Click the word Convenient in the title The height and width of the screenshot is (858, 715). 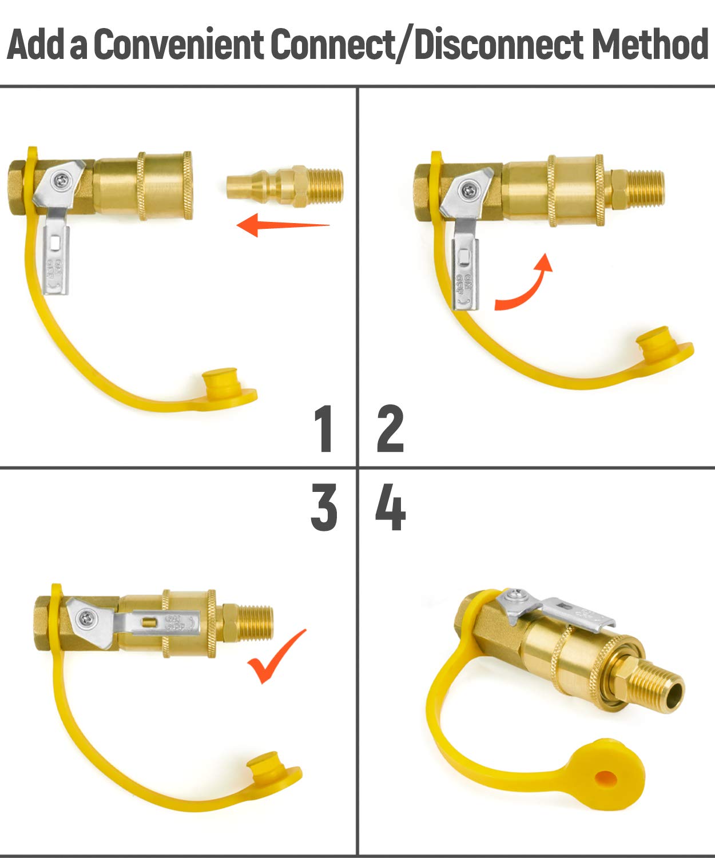tap(180, 45)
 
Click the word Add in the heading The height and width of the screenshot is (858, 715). tap(35, 45)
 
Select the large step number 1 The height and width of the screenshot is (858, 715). tap(324, 428)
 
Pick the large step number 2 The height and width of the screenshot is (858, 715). tap(390, 428)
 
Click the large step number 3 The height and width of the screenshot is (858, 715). tap(324, 507)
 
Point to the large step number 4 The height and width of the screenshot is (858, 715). tap(390, 507)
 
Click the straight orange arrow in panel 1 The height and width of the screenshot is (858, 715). tap(283, 225)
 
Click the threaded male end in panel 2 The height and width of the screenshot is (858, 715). tap(642, 188)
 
